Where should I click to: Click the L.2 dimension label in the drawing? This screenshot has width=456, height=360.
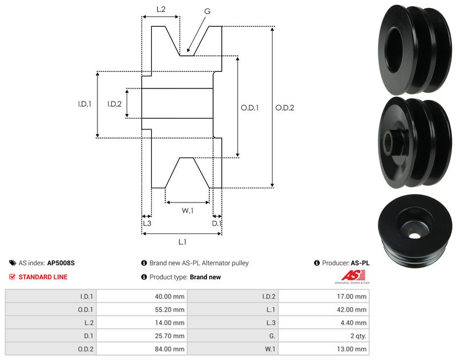[x=161, y=9]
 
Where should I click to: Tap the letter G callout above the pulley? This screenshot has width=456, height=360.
[x=206, y=11]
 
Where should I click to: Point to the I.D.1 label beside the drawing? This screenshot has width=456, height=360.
[x=85, y=104]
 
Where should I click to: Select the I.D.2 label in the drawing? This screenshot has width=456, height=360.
[x=115, y=104]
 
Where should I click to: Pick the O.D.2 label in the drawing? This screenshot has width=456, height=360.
[x=284, y=107]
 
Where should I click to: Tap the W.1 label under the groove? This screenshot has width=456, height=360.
[x=188, y=211]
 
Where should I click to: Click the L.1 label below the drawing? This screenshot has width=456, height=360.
[x=182, y=242]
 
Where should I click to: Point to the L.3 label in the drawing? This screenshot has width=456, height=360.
[x=146, y=224]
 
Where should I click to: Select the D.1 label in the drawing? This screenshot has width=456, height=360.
[x=217, y=224]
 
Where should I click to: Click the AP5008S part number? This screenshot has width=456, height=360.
[x=61, y=264]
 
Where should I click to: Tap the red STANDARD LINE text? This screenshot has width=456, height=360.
[x=43, y=277]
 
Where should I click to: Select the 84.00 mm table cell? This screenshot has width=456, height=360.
[x=171, y=349]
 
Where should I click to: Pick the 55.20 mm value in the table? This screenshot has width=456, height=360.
[x=171, y=310]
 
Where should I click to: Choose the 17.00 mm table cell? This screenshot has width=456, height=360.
[x=353, y=297]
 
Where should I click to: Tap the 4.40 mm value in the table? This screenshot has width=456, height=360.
[x=355, y=323]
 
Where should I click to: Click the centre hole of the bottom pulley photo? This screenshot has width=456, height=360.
[x=413, y=234]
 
